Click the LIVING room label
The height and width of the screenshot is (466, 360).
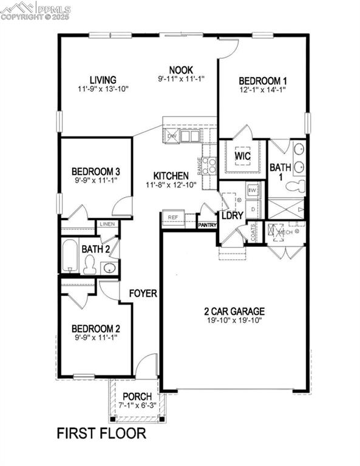pyautogui.click(x=103, y=80)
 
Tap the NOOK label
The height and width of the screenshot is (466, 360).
pyautogui.click(x=182, y=69)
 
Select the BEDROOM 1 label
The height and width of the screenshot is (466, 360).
pyautogui.click(x=262, y=81)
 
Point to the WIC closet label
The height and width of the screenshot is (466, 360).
pyautogui.click(x=242, y=155)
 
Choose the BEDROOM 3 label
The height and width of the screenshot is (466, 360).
pyautogui.click(x=95, y=171)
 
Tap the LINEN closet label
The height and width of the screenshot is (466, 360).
pyautogui.click(x=107, y=224)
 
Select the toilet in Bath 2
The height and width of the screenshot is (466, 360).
pyautogui.click(x=90, y=265)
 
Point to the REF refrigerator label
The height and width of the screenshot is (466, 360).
pyautogui.click(x=173, y=217)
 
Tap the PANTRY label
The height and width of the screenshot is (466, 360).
pyautogui.click(x=207, y=225)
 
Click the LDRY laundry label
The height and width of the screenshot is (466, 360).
pyautogui.click(x=232, y=215)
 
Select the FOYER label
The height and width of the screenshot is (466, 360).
pyautogui.click(x=143, y=294)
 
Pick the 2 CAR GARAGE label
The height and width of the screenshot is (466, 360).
pyautogui.click(x=234, y=312)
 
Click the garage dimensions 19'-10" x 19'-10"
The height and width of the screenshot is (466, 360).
pyautogui.click(x=234, y=322)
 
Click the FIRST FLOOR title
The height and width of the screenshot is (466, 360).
pyautogui.click(x=101, y=433)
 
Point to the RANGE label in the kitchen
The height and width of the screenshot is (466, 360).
pyautogui.click(x=199, y=164)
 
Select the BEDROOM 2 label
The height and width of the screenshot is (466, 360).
pyautogui.click(x=95, y=329)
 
